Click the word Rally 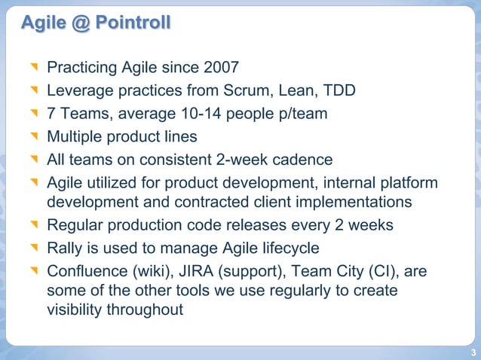click(x=65, y=248)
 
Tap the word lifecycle click(x=289, y=248)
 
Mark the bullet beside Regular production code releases click(x=33, y=226)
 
